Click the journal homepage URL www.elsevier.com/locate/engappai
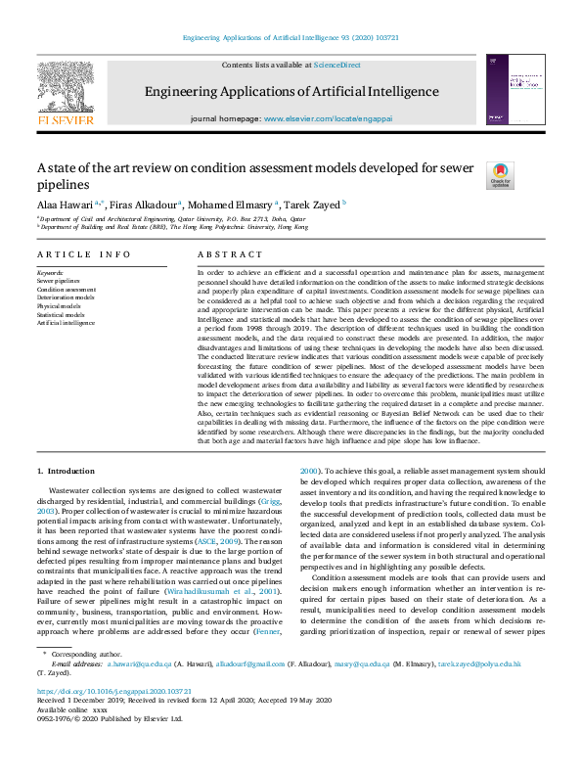[330, 117]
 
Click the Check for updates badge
[500, 175]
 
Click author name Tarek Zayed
[311, 205]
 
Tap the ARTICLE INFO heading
[83, 254]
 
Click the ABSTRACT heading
[225, 254]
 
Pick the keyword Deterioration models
[66, 297]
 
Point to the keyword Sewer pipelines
[59, 281]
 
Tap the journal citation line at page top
[291, 38]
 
